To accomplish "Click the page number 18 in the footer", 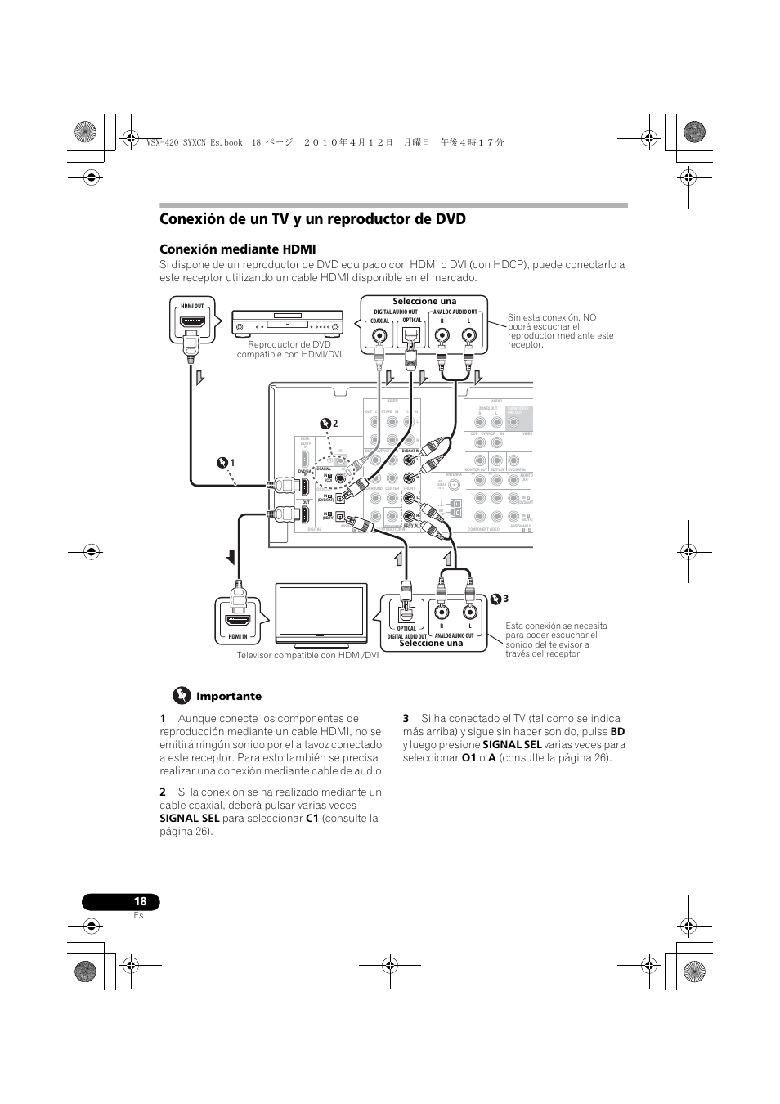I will (x=141, y=901).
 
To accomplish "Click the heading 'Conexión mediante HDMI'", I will (x=238, y=249).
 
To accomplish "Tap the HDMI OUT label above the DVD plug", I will (x=192, y=306).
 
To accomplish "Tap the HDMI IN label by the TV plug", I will (x=238, y=635).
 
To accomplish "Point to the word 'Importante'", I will (x=229, y=697).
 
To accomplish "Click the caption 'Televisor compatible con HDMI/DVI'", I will (x=307, y=655).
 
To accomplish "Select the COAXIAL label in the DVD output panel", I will (x=380, y=321).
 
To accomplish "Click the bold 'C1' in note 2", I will (x=312, y=818).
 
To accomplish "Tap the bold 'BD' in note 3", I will (x=617, y=731).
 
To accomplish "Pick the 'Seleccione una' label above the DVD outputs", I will (x=424, y=301).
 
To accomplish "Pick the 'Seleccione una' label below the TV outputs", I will (x=431, y=643).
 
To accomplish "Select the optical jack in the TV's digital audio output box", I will (x=406, y=613).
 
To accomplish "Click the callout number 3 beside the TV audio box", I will (x=506, y=599).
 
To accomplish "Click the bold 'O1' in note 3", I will (x=468, y=757).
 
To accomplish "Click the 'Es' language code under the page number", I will (x=138, y=916).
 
